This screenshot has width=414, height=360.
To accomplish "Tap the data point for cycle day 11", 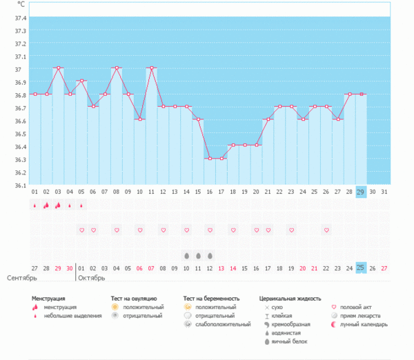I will click(151, 68).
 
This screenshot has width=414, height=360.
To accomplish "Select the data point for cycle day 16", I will click(209, 159).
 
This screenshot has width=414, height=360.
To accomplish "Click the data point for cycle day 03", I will click(58, 68).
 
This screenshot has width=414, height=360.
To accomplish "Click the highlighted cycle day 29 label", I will click(360, 192).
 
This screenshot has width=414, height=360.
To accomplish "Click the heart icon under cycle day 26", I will click(326, 230).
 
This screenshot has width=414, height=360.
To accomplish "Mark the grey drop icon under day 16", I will click(209, 255).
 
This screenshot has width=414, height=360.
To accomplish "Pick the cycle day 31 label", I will click(384, 192).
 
